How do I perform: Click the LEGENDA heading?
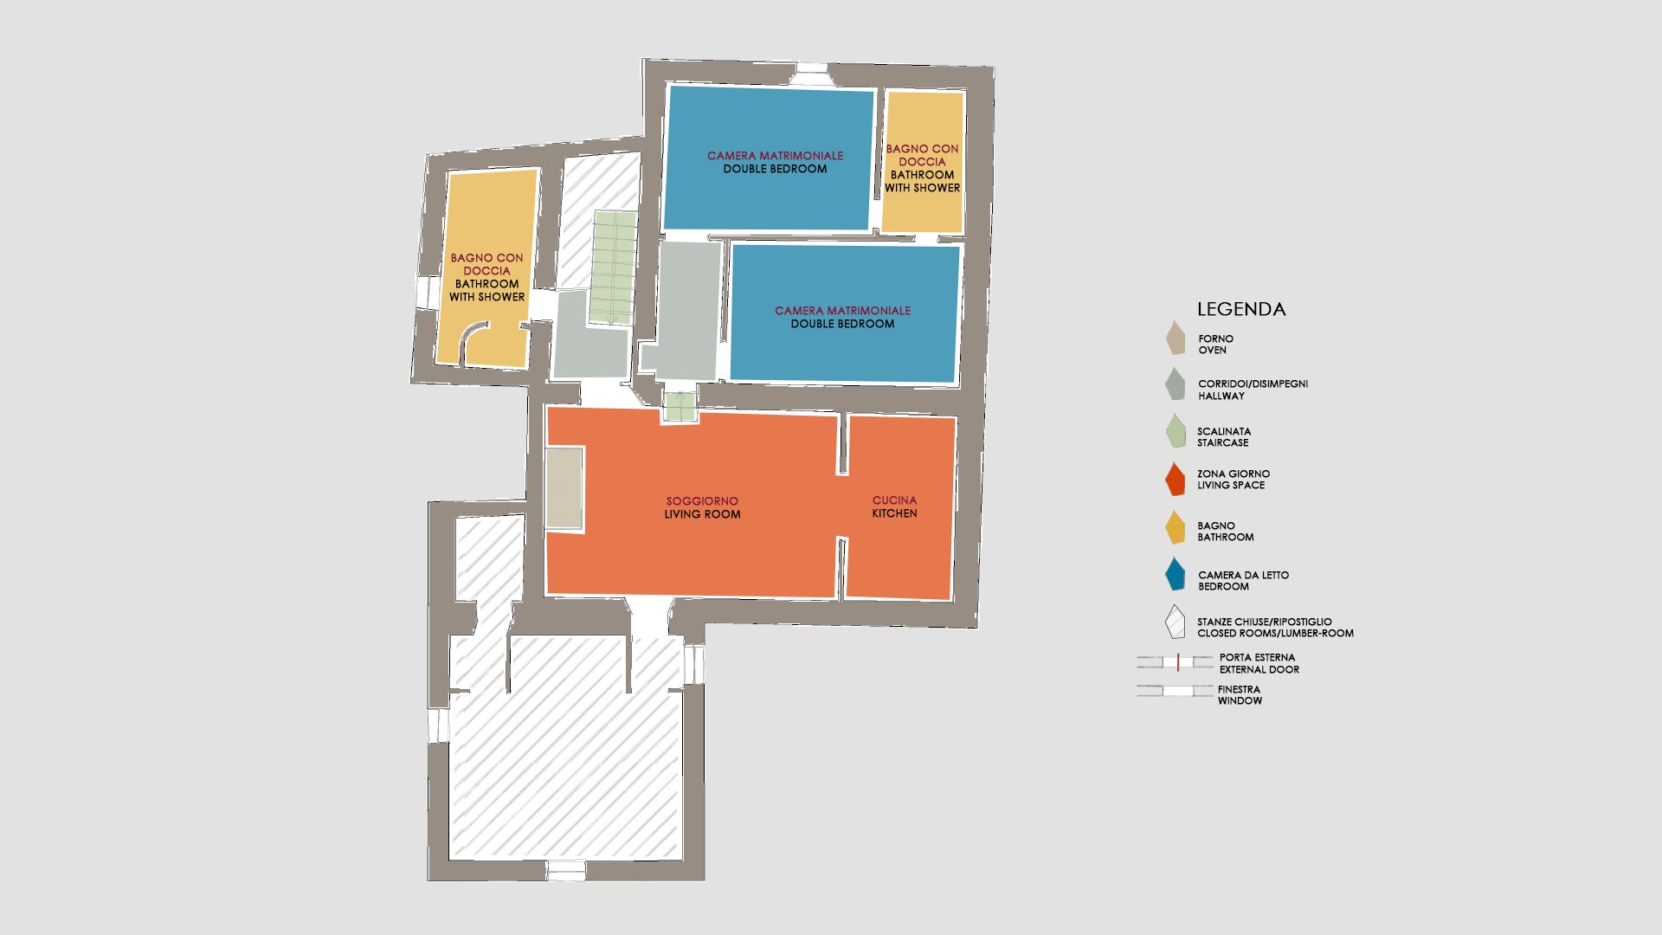pos(1240,309)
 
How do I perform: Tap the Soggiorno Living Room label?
pos(702,507)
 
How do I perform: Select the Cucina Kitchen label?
pos(894,506)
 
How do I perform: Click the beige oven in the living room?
pos(564,487)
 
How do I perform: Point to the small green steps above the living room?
pos(680,407)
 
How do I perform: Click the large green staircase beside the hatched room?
pos(615,268)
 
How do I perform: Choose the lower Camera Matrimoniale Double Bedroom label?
pos(842,317)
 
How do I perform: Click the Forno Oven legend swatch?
pos(1176,339)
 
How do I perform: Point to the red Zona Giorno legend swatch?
pos(1175,480)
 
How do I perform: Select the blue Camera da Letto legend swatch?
pos(1175,574)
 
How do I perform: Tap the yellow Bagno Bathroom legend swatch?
pos(1175,527)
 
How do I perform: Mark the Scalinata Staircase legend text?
pos(1224,437)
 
